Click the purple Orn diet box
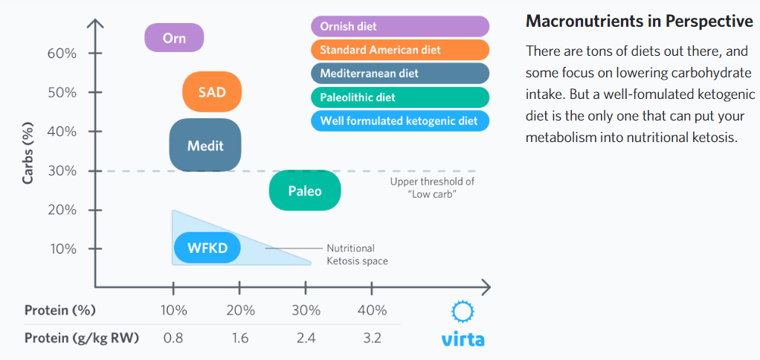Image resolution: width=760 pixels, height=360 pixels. [174, 38]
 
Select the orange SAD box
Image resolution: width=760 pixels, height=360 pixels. [213, 92]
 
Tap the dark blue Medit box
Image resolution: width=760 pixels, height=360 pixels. [205, 146]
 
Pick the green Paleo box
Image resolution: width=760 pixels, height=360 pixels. [305, 191]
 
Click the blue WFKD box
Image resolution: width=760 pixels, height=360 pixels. [207, 248]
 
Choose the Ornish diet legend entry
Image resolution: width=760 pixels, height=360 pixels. [399, 27]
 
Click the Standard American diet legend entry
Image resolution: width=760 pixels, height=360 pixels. [399, 50]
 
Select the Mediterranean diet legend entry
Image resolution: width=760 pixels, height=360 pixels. [399, 74]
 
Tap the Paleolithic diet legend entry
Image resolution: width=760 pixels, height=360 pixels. [399, 97]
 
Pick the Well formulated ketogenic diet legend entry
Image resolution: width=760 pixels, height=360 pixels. [399, 120]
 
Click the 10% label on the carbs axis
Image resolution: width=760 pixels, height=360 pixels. [63, 248]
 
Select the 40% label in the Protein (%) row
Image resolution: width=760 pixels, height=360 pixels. [372, 310]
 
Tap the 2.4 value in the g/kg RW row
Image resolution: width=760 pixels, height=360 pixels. [306, 338]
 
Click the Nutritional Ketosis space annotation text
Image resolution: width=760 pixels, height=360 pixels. [357, 254]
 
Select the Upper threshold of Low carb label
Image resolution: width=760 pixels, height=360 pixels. [432, 187]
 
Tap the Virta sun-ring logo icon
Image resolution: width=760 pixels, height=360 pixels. [463, 311]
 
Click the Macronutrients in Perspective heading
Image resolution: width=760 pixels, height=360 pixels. [639, 22]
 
